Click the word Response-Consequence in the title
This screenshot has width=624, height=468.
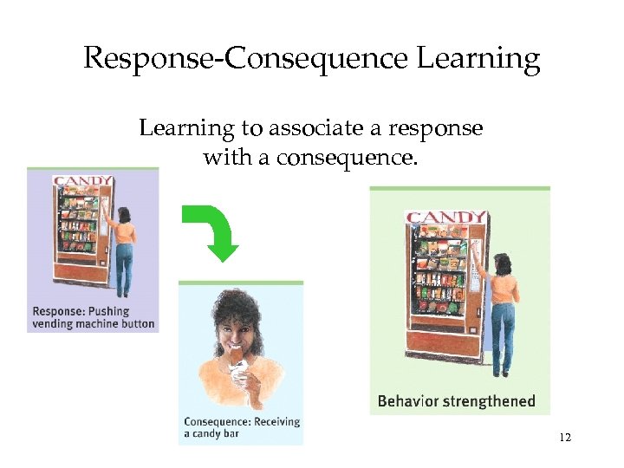(x=245, y=59)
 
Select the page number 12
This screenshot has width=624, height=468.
(x=565, y=438)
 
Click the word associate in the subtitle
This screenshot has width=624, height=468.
(x=317, y=129)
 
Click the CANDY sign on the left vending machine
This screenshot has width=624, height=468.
(x=82, y=181)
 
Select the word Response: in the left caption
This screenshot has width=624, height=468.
(x=58, y=311)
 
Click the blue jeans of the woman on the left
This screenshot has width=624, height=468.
(x=125, y=259)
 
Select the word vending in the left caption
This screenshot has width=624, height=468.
(x=55, y=324)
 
